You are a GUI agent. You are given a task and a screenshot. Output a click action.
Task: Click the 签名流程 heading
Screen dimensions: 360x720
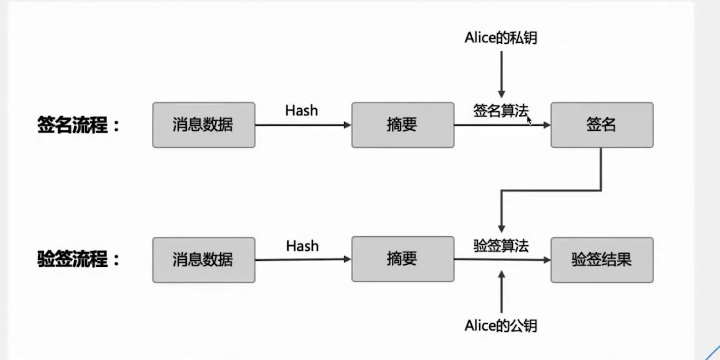[78, 126]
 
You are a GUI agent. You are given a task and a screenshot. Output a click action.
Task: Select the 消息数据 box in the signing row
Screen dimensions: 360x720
[204, 125]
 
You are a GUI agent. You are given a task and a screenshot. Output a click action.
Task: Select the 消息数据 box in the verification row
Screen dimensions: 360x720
[204, 260]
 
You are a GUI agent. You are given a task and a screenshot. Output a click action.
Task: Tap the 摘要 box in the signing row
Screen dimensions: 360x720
[403, 125]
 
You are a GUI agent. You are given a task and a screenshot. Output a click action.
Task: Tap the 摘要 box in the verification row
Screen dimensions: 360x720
[403, 260]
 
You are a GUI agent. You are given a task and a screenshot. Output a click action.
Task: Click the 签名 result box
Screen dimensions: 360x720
[601, 125]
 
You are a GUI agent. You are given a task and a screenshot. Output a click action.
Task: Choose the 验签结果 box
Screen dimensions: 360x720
[601, 260]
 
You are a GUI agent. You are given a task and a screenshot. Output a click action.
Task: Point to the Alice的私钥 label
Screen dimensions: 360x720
[501, 38]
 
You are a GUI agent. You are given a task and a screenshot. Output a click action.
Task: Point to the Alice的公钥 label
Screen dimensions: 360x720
[501, 325]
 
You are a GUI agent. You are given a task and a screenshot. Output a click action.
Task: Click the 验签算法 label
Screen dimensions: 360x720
[501, 246]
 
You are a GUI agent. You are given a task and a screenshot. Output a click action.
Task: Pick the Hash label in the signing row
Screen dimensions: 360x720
[301, 111]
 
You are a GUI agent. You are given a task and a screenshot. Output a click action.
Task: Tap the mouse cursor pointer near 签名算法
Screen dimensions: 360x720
[529, 120]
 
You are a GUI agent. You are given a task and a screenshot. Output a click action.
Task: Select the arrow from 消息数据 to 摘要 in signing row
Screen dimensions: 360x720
[303, 125]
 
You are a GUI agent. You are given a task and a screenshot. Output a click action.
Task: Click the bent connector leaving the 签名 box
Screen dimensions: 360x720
[550, 191]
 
